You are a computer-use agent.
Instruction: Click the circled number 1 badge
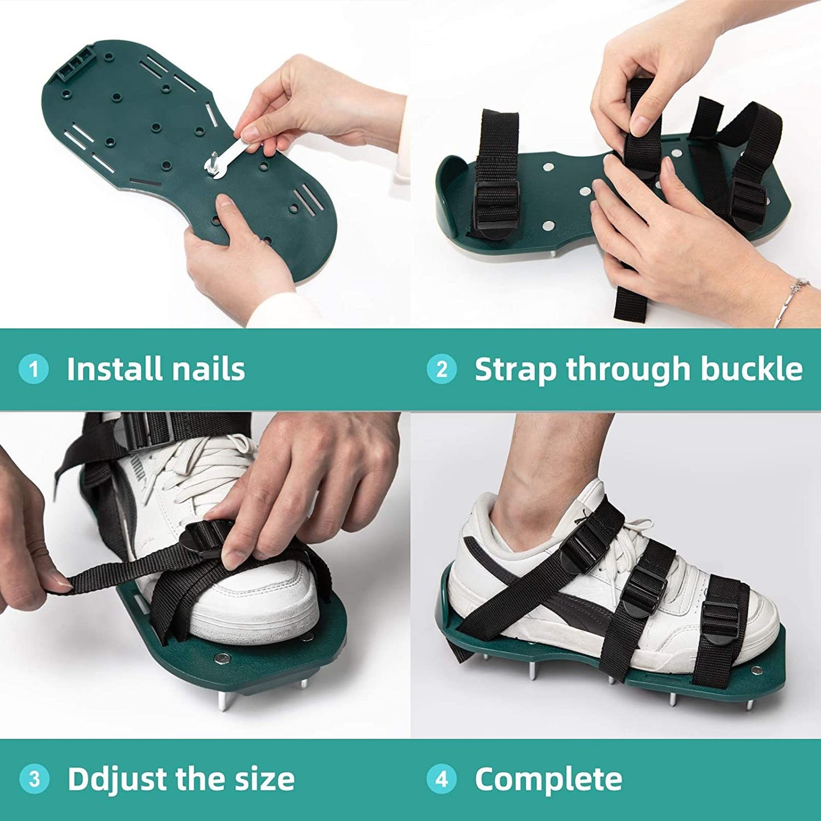(34, 369)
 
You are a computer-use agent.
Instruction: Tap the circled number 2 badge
(442, 369)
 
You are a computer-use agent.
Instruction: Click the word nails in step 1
(203, 368)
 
